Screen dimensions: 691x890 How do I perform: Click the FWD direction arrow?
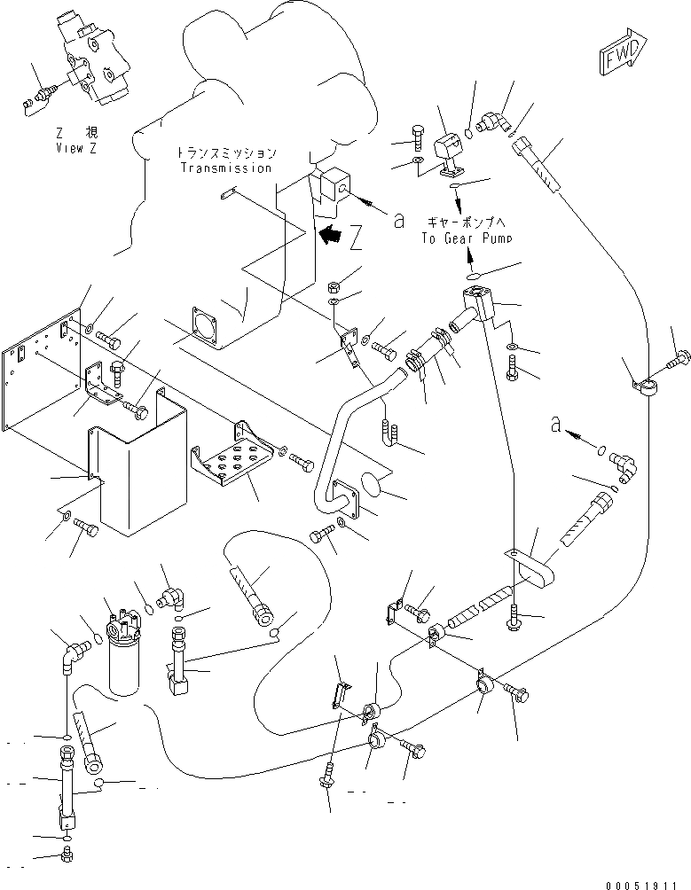(x=623, y=51)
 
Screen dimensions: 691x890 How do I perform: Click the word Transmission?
(x=226, y=168)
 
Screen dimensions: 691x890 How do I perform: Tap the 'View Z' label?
(x=76, y=148)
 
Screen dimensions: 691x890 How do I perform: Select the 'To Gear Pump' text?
(x=467, y=238)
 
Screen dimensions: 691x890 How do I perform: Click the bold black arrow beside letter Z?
(x=330, y=234)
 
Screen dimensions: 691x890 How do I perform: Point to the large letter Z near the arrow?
(x=356, y=238)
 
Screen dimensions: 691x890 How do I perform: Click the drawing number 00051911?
(x=641, y=885)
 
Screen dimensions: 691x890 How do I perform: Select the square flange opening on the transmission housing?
(x=204, y=326)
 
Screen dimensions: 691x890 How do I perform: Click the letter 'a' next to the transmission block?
(x=399, y=220)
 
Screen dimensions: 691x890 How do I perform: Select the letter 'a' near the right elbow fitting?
(x=556, y=424)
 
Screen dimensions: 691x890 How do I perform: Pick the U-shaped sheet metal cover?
(x=138, y=461)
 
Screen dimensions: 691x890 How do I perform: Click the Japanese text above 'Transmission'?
(x=226, y=152)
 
